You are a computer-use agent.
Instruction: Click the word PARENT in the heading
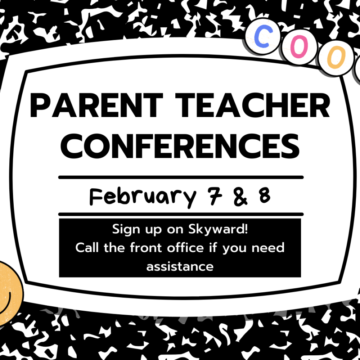pos(96,105)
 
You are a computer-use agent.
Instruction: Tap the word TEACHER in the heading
pos(253,105)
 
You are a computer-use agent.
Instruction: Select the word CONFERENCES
pos(180,146)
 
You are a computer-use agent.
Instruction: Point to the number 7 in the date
pos(215,195)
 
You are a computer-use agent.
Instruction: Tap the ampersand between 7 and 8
pos(240,196)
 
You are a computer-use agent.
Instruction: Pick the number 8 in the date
pos(265,195)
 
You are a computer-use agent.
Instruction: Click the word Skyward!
pos(218,229)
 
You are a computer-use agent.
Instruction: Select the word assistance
pos(180,267)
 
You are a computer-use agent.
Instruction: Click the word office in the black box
pos(185,248)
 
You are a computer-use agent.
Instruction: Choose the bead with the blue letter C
pos(263,36)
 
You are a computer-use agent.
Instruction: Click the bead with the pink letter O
pos(299,47)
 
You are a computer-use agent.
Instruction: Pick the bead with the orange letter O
pos(336,57)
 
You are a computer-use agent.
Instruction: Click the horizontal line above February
pos(181,177)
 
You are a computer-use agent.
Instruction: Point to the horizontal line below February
pos(181,215)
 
